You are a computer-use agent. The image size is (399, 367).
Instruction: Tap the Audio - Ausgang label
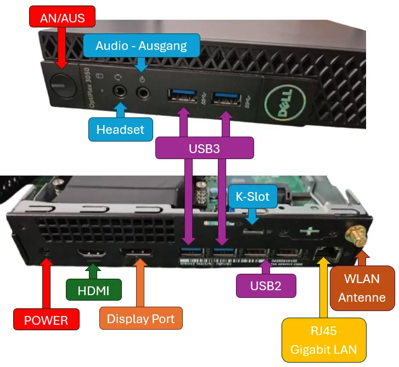[x=141, y=46]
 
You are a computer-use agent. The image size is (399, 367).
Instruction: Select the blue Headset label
[x=120, y=129]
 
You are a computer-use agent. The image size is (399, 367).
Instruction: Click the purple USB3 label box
[x=205, y=148]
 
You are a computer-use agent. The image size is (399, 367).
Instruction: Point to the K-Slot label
[x=252, y=196]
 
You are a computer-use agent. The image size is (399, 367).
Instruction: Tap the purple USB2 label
[x=266, y=286]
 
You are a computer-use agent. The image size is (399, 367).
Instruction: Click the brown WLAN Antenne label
[x=362, y=288]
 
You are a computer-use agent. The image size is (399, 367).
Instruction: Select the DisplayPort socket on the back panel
[x=137, y=254]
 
